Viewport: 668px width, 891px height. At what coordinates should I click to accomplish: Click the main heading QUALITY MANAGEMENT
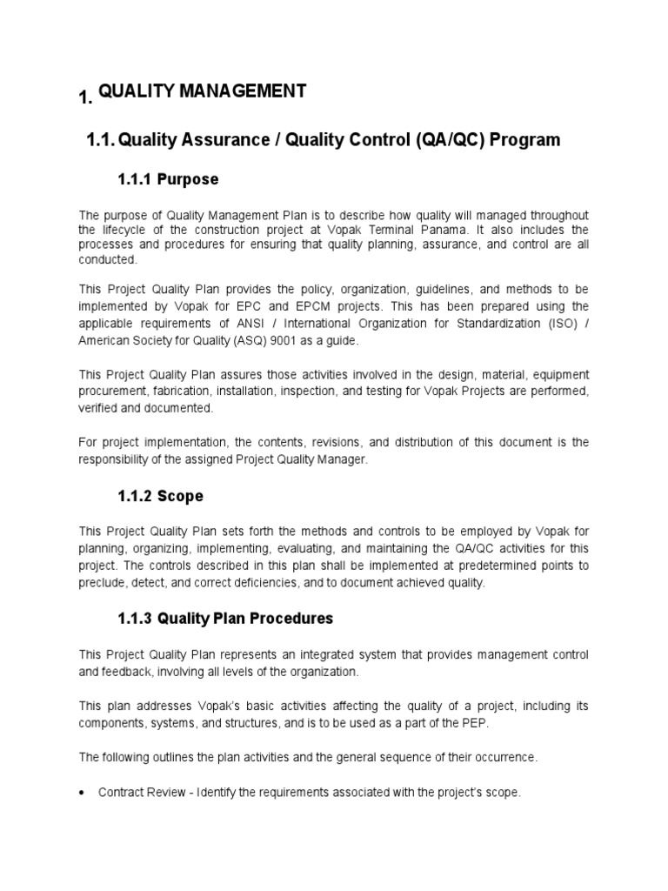coord(202,91)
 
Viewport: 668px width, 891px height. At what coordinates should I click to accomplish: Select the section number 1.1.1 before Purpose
coord(135,180)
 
